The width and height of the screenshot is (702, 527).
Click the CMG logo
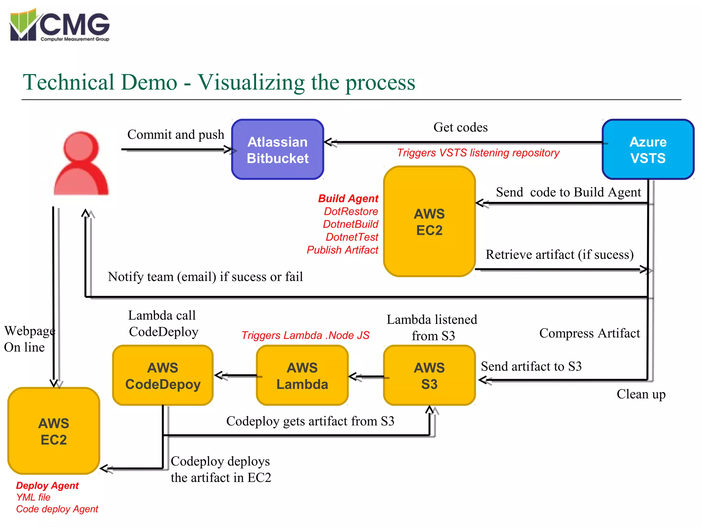point(60,26)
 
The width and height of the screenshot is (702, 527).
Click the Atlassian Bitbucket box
point(277,150)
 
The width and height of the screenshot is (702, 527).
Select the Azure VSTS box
point(647,150)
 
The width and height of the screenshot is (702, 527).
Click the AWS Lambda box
point(302,376)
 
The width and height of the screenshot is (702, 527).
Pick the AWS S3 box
point(429,376)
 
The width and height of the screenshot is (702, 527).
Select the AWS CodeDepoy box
point(163,376)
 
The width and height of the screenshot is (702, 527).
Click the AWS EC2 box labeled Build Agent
point(429,222)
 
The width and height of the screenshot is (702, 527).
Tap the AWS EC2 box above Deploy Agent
point(54,431)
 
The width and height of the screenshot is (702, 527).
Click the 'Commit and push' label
point(175,134)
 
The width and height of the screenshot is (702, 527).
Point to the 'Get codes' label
point(460,127)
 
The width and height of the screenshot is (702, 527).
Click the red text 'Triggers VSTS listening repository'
point(478,153)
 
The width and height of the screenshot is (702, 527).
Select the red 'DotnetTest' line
point(352,237)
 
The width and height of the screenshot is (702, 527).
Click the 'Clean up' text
point(641,394)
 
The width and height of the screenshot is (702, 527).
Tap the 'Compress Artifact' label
point(590,333)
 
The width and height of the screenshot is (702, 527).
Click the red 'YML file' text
point(33,497)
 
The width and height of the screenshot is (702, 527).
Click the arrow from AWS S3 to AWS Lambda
point(367,377)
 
